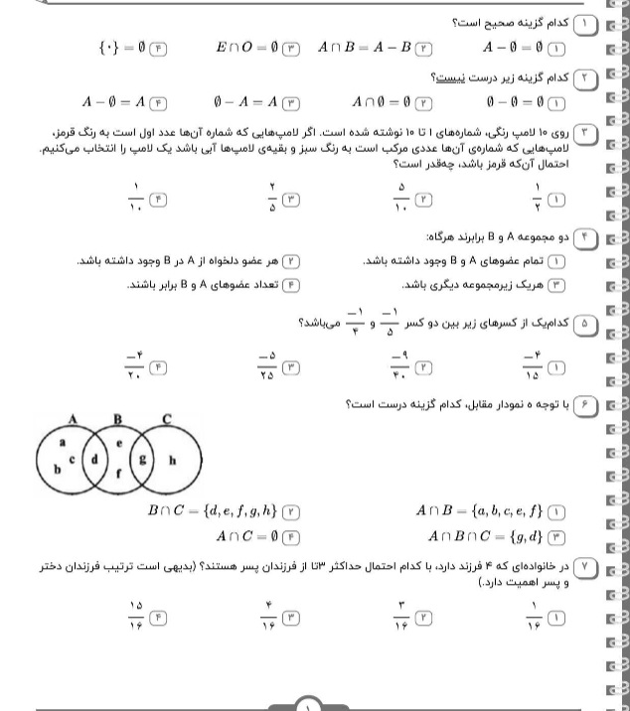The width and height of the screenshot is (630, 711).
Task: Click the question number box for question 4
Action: (585, 239)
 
